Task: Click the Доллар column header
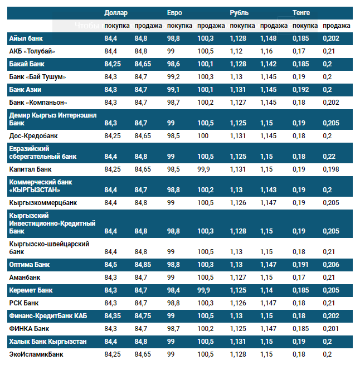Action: [116, 12]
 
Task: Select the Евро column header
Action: [174, 12]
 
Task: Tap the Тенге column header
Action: [302, 12]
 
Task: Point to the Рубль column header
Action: [239, 12]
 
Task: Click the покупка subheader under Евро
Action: [179, 26]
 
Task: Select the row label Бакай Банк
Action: [27, 64]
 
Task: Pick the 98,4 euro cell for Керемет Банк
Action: [173, 290]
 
